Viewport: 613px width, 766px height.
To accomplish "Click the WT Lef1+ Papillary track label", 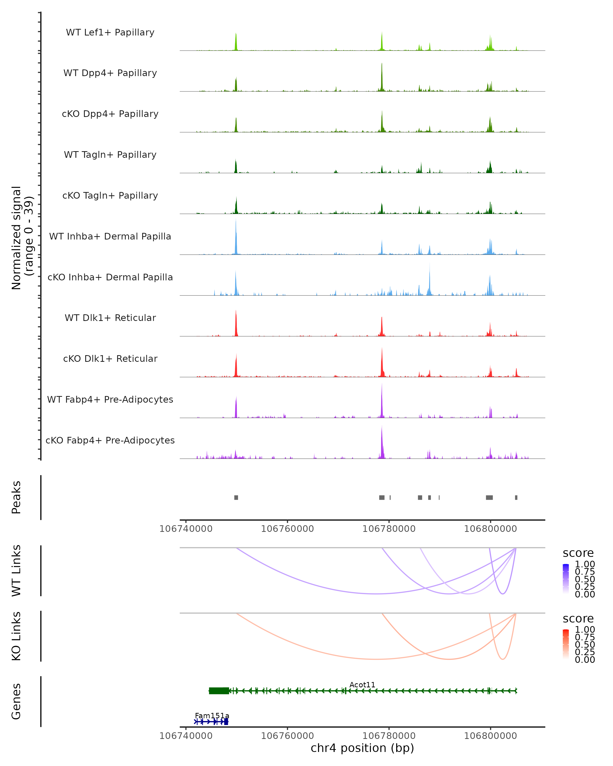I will coord(110,32).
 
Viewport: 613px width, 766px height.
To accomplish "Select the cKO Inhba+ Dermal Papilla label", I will coord(110,277).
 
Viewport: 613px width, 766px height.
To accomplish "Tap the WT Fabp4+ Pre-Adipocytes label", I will coord(110,399).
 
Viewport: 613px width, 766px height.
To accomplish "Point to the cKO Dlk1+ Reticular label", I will coord(110,358).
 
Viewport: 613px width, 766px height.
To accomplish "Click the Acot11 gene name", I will coord(362,685).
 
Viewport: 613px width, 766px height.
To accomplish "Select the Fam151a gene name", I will coord(212,715).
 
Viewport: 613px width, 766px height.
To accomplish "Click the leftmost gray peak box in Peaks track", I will coord(236,497).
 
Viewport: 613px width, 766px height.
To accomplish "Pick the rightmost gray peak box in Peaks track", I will coord(516,497).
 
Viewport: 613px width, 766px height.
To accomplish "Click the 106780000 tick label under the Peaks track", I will coord(389,529).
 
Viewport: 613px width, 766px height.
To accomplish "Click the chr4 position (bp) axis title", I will coord(362,748).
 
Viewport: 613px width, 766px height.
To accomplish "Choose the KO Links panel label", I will coord(16,636).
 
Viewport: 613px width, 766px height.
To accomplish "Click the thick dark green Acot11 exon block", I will coord(219,691).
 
